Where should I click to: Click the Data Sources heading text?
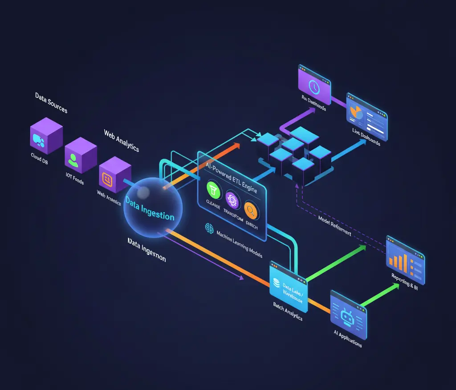point(51,102)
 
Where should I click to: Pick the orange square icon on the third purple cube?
point(107,179)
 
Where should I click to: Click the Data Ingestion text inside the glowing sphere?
point(150,209)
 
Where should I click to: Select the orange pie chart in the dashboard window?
point(356,112)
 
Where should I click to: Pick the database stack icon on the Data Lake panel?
point(276,283)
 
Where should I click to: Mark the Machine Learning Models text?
point(239,245)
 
